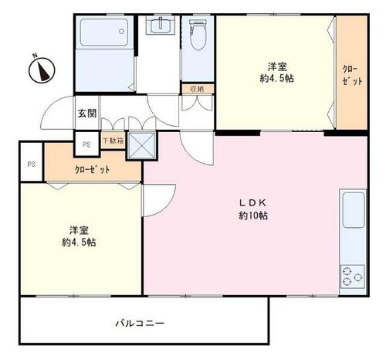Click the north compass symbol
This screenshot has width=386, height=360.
point(42,70)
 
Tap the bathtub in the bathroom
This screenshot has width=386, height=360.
point(104,32)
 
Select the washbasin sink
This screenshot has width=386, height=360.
point(161,25)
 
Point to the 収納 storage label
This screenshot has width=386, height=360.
point(198,89)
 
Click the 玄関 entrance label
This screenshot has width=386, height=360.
point(87,114)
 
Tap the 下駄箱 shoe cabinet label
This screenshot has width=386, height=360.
point(113,141)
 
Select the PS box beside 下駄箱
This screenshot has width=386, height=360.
point(86,144)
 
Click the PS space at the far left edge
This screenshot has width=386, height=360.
point(32,164)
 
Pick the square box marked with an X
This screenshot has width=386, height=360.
point(142,145)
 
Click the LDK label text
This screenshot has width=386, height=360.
point(252,203)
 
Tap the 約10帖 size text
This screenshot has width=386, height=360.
point(253,216)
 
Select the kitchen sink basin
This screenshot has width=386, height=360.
point(354,210)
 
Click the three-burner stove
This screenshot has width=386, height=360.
point(353,277)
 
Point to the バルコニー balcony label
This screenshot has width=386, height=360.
point(140,323)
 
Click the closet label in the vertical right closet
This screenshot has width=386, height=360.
point(352,76)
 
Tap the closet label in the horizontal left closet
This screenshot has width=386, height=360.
point(92,169)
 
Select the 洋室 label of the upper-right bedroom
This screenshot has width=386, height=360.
point(277,66)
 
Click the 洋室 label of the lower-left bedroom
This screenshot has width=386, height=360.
point(79,230)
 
